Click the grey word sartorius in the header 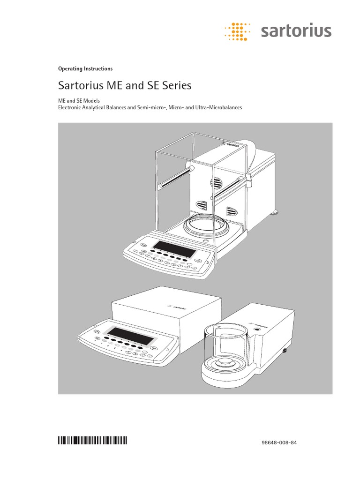coord(295,32)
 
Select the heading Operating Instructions coord(85,68)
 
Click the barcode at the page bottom coord(92,440)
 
